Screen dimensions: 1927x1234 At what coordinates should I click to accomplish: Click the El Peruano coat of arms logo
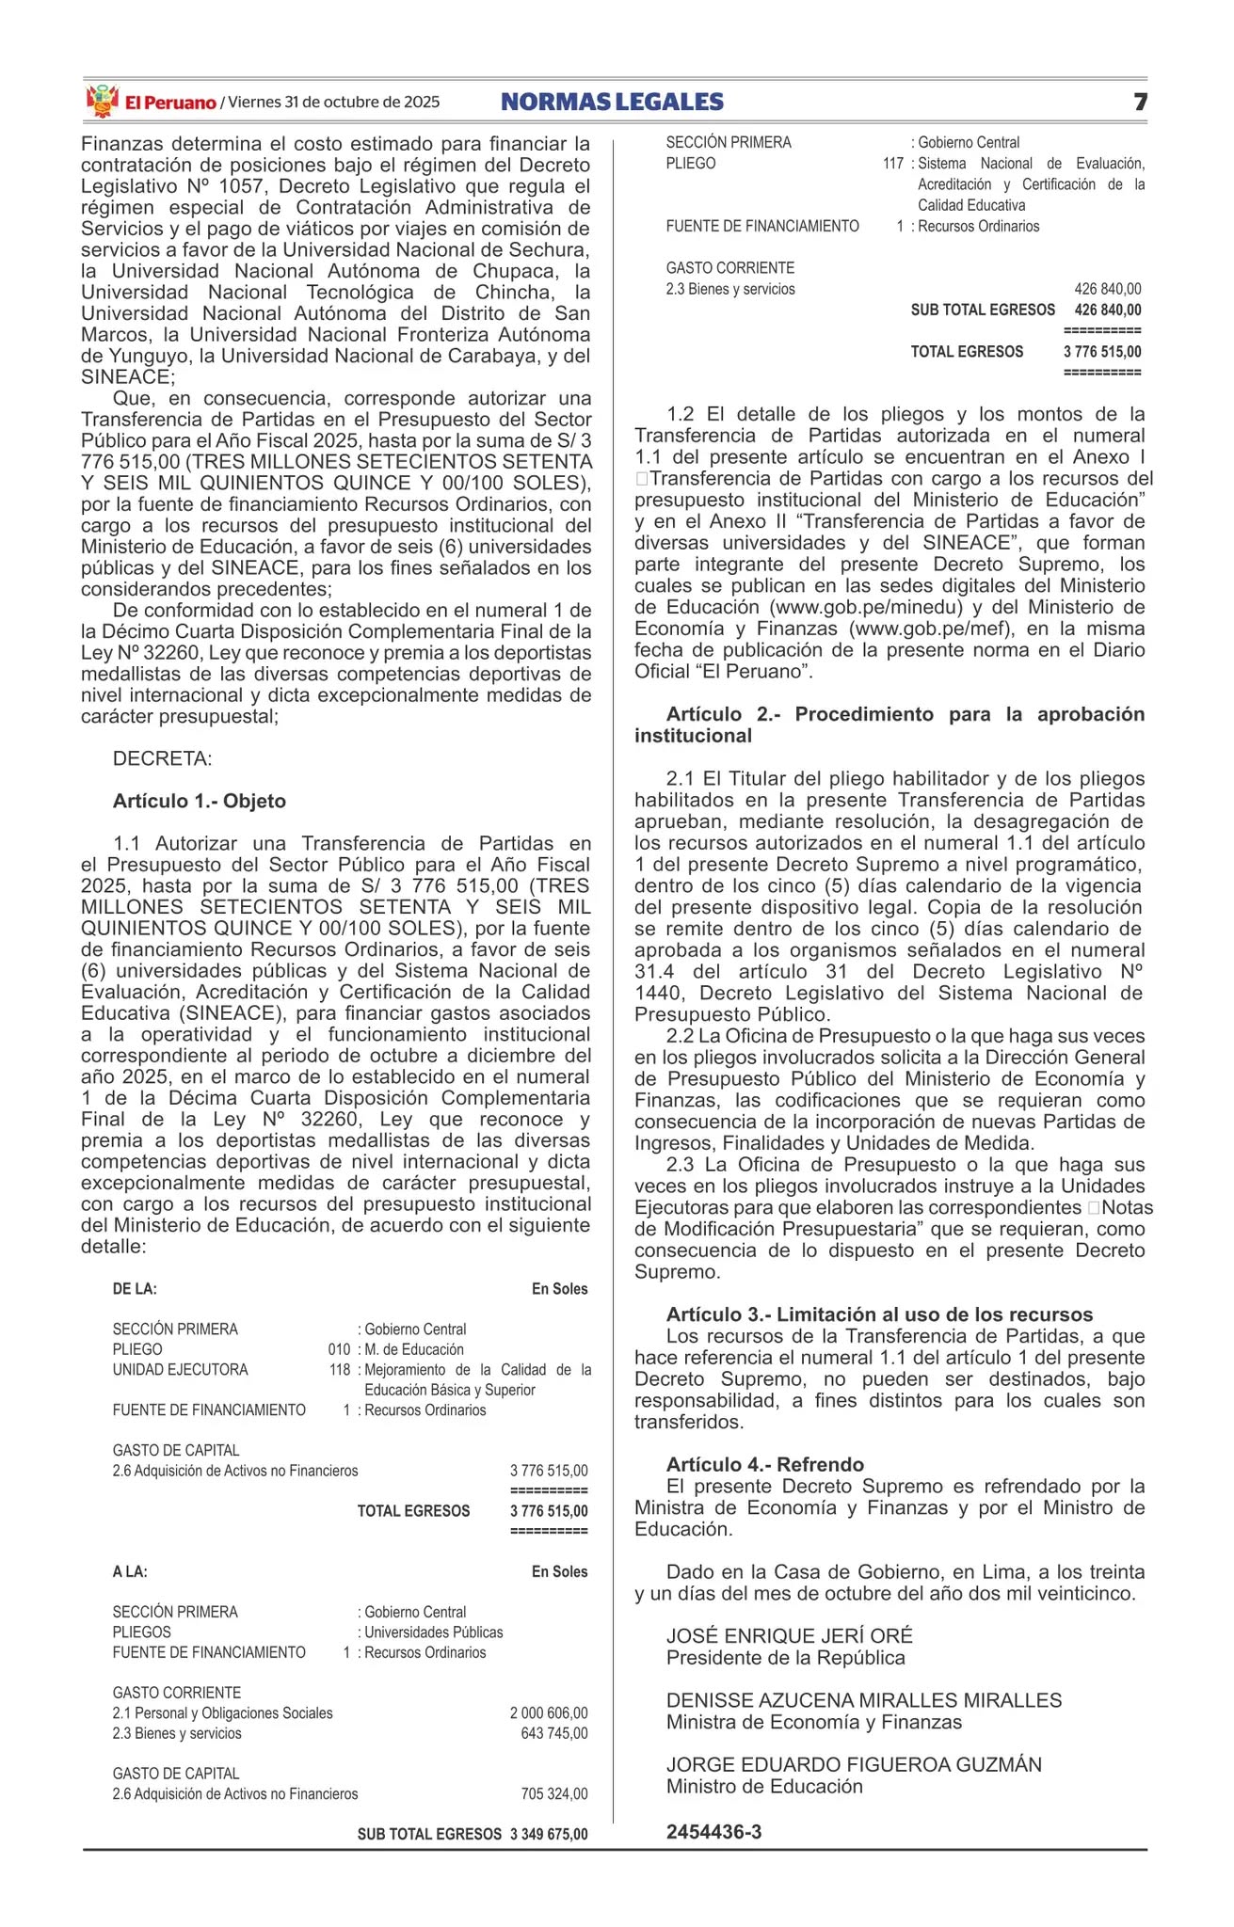tap(102, 101)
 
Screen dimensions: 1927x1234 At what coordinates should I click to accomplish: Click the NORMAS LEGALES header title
tap(612, 102)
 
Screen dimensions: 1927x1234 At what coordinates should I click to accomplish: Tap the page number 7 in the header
tap(1140, 102)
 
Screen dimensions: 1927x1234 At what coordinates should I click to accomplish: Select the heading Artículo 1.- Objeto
tap(199, 801)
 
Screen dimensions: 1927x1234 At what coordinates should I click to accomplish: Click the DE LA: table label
tap(135, 1289)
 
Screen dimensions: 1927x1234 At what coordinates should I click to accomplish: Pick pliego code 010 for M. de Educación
tap(339, 1349)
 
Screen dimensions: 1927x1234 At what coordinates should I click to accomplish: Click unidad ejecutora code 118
tap(339, 1370)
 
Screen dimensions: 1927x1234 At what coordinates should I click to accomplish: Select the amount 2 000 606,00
tap(549, 1713)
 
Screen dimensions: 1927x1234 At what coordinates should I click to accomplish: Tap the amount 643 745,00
tap(553, 1733)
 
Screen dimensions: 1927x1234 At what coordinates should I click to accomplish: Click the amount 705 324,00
tap(553, 1794)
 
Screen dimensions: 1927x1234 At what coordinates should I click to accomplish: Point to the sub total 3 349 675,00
tap(549, 1834)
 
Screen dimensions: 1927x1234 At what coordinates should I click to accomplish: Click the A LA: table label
tap(130, 1571)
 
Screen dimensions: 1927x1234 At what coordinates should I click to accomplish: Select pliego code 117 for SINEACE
tap(893, 164)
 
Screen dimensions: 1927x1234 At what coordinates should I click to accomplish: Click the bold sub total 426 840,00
tap(1108, 311)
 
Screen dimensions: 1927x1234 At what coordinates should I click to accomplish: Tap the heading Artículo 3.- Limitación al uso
tap(879, 1314)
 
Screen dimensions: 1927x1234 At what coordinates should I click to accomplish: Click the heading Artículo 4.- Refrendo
tap(764, 1464)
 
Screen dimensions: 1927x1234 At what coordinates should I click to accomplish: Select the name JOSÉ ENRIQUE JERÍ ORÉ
tap(789, 1635)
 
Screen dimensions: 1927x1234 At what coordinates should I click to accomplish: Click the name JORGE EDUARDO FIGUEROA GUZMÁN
tap(854, 1764)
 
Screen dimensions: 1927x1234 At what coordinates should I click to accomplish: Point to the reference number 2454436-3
tap(713, 1832)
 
